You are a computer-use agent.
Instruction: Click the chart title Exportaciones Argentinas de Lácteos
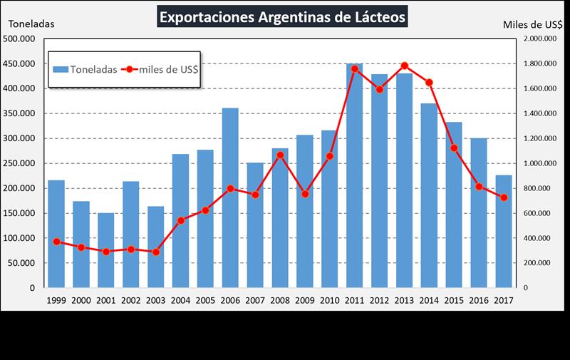click(283, 16)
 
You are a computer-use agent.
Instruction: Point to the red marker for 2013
click(404, 66)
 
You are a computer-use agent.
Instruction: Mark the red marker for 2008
click(280, 154)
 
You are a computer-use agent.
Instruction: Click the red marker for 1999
click(56, 242)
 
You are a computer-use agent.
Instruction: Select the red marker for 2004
click(181, 220)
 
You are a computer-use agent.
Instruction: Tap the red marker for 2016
click(479, 187)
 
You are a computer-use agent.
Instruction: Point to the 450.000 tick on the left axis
click(21, 63)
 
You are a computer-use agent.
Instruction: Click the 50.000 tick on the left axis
click(24, 263)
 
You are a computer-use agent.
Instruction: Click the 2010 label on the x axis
click(329, 301)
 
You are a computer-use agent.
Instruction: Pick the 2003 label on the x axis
click(156, 301)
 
